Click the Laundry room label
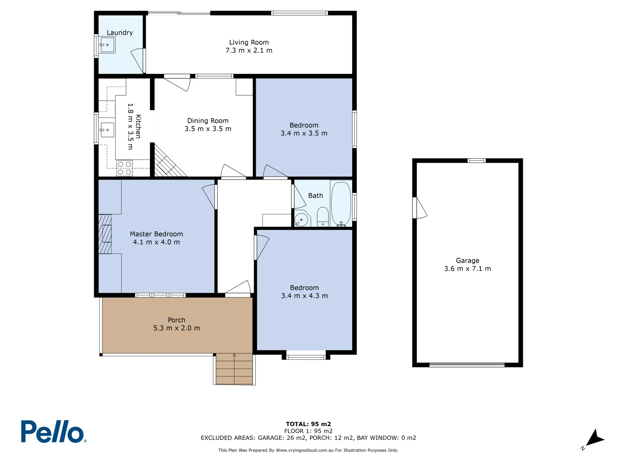coord(120,33)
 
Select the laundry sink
coord(107,45)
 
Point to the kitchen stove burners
coord(124,168)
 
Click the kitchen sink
coord(107,129)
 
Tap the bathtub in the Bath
coord(341,204)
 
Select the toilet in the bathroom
coord(323,216)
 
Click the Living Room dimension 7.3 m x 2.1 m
coord(249,51)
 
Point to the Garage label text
coord(467,261)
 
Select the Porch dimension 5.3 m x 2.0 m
coord(177,328)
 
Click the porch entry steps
coord(234,369)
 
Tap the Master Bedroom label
coord(156,234)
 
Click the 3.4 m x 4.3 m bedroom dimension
coord(304,296)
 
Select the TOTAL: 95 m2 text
coord(308,424)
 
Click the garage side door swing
coord(420,208)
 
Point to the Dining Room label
coord(208,121)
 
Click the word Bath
coord(315,195)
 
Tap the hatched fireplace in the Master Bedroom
coord(105,234)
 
